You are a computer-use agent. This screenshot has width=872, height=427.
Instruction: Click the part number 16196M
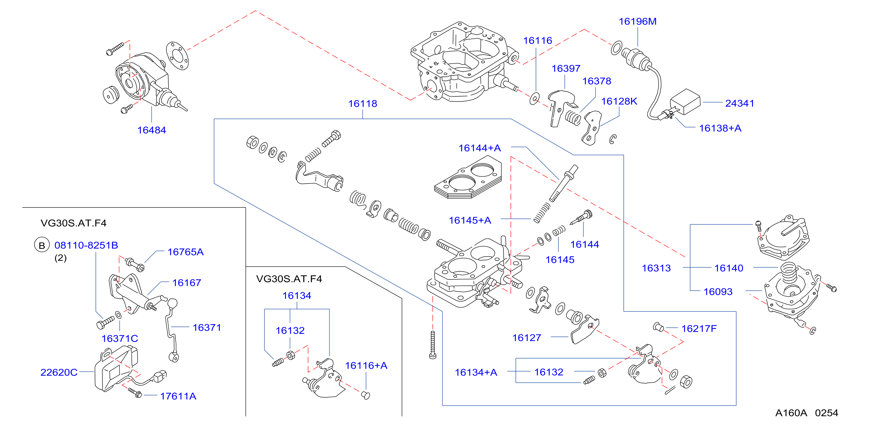coord(638,21)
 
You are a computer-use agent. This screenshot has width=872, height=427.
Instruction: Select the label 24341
coord(739,103)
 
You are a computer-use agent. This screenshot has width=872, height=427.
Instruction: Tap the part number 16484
coord(151,130)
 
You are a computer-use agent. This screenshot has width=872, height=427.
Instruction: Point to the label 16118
coord(362,104)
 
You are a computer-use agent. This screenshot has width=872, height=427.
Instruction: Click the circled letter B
coord(42,245)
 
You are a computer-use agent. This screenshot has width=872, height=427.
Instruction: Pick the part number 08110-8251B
coord(86,245)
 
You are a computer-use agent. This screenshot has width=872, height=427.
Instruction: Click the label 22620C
coord(59,372)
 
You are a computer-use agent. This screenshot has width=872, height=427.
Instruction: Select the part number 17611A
coord(178,396)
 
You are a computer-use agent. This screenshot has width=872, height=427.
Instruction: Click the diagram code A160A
coord(791,413)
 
